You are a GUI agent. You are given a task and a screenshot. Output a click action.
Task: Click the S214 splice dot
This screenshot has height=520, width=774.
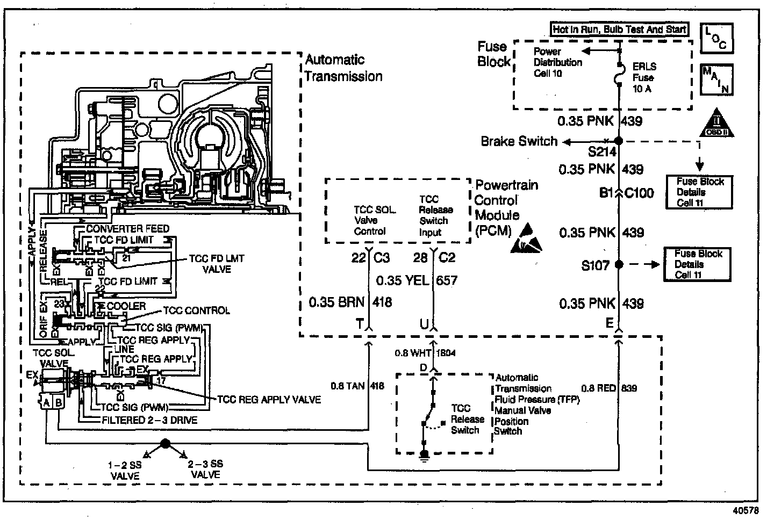[x=618, y=141]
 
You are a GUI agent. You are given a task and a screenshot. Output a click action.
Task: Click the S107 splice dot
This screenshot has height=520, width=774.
[x=618, y=264]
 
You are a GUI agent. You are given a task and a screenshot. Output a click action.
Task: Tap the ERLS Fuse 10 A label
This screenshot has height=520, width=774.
[x=643, y=77]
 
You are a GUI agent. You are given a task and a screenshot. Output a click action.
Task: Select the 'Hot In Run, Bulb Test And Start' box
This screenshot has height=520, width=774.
[x=619, y=30]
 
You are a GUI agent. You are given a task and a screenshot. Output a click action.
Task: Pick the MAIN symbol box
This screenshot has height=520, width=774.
[x=716, y=80]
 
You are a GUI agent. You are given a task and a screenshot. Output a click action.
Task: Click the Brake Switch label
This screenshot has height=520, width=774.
[x=519, y=141]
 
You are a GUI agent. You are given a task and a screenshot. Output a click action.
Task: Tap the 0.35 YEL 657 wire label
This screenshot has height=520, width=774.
[x=417, y=280]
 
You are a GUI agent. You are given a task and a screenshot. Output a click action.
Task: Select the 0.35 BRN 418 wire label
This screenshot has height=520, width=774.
[x=350, y=302]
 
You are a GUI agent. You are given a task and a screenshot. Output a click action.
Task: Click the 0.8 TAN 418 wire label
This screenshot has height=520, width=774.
[x=357, y=385]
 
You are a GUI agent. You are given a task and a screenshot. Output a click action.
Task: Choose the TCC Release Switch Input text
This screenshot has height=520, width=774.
[x=436, y=215]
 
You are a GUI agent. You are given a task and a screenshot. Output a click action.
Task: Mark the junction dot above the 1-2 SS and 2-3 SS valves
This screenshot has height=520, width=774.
[x=165, y=443]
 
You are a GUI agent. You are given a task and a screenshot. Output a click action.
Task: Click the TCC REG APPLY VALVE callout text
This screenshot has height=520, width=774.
[x=269, y=400]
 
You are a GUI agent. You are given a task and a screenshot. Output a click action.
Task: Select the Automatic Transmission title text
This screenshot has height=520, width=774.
[x=343, y=68]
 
